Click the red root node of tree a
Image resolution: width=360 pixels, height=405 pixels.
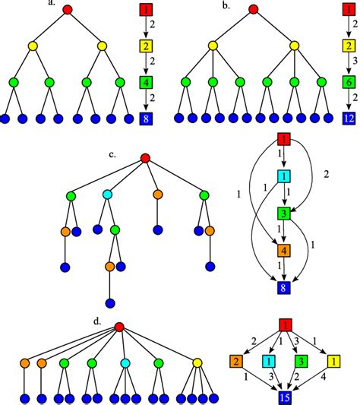68,10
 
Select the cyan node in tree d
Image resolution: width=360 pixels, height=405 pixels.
125,362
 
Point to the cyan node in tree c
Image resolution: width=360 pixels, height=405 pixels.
108,196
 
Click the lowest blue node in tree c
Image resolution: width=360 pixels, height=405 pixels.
110,302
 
